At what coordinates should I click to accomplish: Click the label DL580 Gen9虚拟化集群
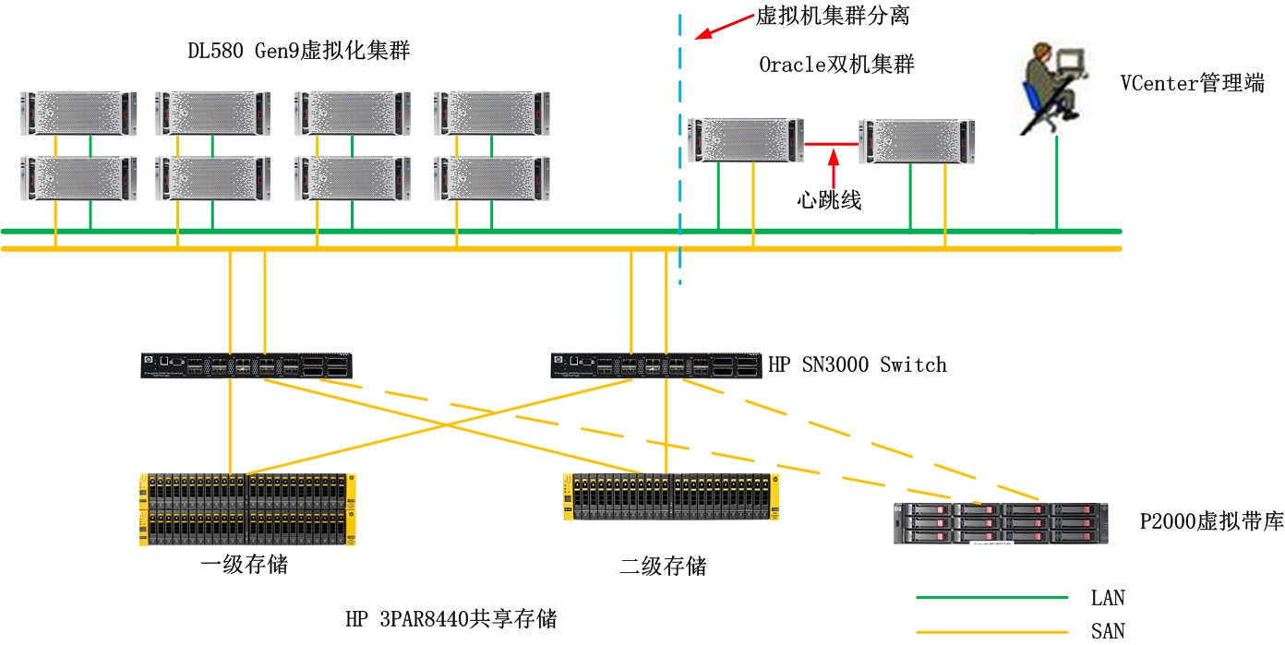tap(298, 52)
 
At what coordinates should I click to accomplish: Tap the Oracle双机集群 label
tap(836, 65)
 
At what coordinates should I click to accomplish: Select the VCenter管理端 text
tap(1192, 83)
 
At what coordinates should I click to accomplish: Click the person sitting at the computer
tap(1052, 86)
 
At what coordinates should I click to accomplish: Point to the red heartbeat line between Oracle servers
tap(831, 144)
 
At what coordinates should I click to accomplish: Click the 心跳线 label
tap(830, 200)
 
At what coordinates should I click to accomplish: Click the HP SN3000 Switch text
tap(858, 364)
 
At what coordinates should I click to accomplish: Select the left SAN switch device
tap(247, 365)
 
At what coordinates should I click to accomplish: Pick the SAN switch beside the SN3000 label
tap(656, 365)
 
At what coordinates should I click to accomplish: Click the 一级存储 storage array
tap(247, 509)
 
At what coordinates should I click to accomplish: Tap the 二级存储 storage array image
tap(671, 497)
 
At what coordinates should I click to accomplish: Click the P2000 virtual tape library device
tap(1001, 523)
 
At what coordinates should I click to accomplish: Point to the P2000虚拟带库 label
tap(1211, 521)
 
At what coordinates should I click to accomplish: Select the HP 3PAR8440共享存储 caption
tap(451, 618)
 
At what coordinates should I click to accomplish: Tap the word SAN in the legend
tap(1108, 631)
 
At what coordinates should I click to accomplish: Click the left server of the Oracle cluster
tap(746, 140)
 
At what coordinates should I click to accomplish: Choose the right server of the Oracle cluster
tap(916, 140)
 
